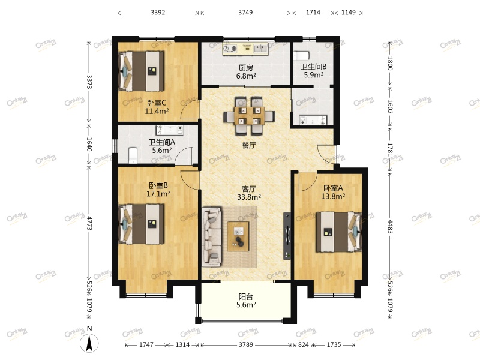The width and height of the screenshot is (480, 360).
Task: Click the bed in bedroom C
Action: (x=141, y=71)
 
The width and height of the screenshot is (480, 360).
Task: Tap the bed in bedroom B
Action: (x=141, y=224)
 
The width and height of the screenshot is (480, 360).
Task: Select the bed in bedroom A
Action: (x=339, y=232)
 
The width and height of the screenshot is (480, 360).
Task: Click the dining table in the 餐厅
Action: (x=249, y=116)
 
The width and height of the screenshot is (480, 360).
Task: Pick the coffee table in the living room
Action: (x=238, y=236)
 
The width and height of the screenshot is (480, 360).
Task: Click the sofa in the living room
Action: (x=212, y=236)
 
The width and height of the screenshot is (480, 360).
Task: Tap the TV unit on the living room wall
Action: (x=287, y=236)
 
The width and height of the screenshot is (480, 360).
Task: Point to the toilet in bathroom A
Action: (x=133, y=155)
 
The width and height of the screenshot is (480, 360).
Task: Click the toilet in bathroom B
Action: (x=301, y=56)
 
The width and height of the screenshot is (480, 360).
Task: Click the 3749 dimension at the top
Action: (x=245, y=13)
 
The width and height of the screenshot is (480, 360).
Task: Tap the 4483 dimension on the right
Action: (x=389, y=226)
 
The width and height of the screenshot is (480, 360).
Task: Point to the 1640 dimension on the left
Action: (x=89, y=144)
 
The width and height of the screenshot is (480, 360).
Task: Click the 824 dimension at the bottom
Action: (x=304, y=344)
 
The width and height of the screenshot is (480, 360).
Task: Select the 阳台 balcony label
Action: (x=246, y=296)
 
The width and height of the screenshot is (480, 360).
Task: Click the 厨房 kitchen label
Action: (x=246, y=67)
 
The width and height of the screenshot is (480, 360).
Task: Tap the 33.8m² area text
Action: (x=249, y=197)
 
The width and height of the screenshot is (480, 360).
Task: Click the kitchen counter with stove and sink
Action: (x=245, y=49)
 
